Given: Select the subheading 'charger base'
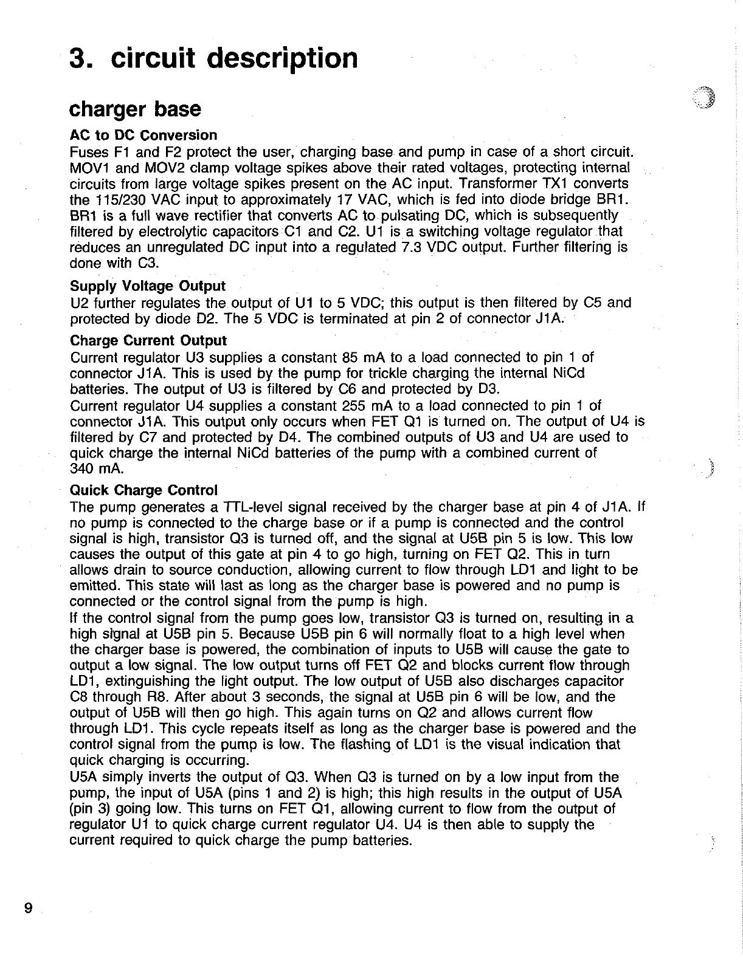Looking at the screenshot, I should [135, 109].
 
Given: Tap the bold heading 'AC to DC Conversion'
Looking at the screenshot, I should [143, 135].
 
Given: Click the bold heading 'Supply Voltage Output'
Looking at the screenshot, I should [148, 286].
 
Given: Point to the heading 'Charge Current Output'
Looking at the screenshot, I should [148, 341].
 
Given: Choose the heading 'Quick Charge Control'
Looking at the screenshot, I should [143, 490].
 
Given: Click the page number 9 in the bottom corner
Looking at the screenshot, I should [27, 925].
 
